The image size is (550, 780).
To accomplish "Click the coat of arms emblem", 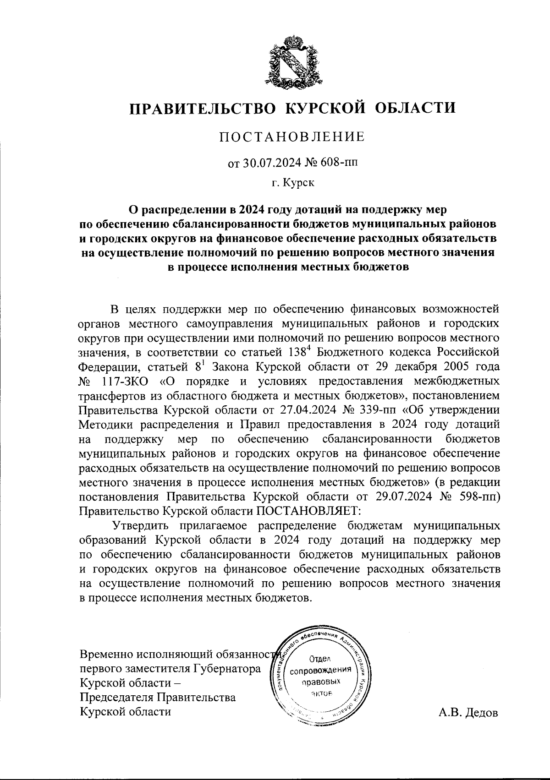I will pos(291,61).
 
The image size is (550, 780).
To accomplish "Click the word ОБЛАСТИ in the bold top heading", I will pos(416,108).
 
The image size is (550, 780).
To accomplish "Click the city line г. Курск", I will pos(292,183).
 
